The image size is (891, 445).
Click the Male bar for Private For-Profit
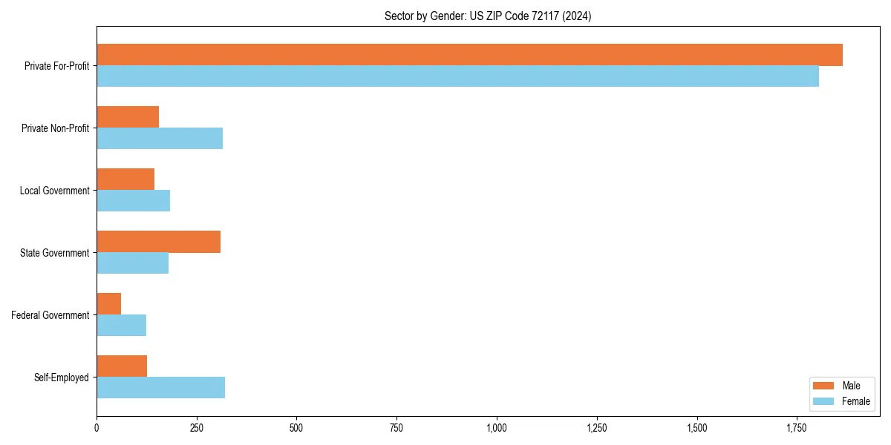pyautogui.click(x=469, y=55)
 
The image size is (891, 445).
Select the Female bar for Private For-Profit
pyautogui.click(x=457, y=76)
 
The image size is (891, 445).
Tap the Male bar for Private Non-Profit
pyautogui.click(x=128, y=117)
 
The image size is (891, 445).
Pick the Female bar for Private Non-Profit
pyautogui.click(x=160, y=139)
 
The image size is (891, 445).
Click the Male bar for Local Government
pyautogui.click(x=125, y=179)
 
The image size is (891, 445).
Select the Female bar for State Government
pyautogui.click(x=132, y=263)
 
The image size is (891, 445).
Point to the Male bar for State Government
pyautogui.click(x=158, y=242)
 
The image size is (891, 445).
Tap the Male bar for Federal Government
pyautogui.click(x=108, y=304)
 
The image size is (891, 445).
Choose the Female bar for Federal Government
pyautogui.click(x=121, y=326)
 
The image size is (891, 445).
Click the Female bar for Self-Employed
pyautogui.click(x=160, y=388)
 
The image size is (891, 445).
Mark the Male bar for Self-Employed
pyautogui.click(x=122, y=366)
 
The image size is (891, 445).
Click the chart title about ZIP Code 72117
pyautogui.click(x=488, y=16)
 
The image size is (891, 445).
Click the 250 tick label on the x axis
pyautogui.click(x=197, y=428)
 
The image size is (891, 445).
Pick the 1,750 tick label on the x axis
pyautogui.click(x=797, y=428)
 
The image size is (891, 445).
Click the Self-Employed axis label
pyautogui.click(x=62, y=378)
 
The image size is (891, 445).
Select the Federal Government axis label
pyautogui.click(x=50, y=315)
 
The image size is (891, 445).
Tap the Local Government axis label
pyautogui.click(x=55, y=191)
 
